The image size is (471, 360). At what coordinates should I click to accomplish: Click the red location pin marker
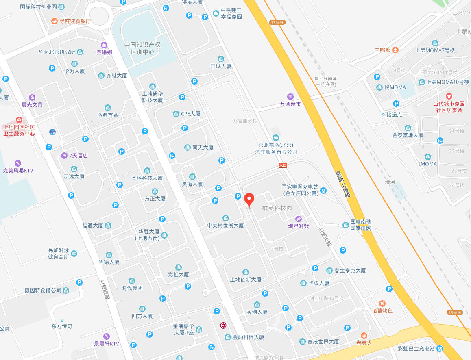coord(250,200)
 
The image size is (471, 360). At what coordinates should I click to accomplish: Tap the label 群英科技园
coord(277,208)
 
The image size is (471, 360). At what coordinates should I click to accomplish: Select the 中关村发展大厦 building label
coord(225,225)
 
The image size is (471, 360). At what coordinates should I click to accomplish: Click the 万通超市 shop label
coord(290,104)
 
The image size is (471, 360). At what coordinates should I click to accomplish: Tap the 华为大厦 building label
coord(74,71)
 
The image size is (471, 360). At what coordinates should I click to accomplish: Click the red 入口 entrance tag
coord(283,165)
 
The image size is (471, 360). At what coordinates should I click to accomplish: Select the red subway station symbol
coord(223,326)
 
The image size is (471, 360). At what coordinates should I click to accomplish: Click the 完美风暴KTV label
coord(18,171)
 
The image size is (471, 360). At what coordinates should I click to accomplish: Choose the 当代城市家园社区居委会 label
coord(449,107)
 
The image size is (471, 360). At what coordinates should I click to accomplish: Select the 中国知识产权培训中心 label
coord(142,48)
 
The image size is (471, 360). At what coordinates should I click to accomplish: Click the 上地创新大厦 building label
coord(246,280)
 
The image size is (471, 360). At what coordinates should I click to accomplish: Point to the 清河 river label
coord(390,182)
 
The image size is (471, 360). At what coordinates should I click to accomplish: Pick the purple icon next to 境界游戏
coord(299,219)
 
